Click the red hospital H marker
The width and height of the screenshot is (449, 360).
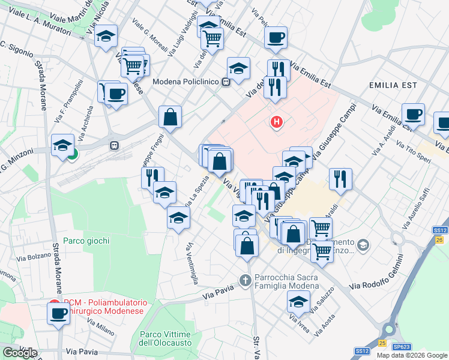(276, 123)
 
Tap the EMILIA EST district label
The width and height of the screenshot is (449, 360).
(393, 85)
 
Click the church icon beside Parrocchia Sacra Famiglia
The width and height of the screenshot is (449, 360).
(244, 280)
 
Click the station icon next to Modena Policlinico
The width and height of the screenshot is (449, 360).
(226, 82)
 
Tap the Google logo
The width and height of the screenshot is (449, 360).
(20, 353)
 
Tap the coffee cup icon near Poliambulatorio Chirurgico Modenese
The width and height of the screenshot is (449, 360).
(59, 313)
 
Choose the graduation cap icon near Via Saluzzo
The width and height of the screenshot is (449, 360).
(298, 302)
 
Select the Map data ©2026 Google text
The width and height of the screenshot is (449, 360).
(411, 355)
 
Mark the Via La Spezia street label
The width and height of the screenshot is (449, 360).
(197, 192)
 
